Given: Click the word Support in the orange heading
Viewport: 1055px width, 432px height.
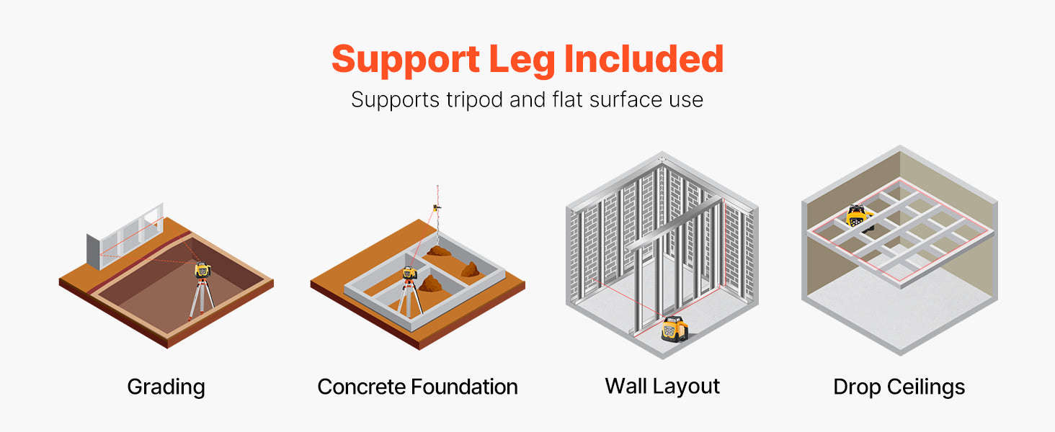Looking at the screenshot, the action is point(406,59).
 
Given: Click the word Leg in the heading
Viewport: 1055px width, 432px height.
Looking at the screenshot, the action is point(522,59).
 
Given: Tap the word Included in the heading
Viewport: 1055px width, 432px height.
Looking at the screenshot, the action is point(644,58).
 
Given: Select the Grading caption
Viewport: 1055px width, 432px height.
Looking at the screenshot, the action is point(166,387).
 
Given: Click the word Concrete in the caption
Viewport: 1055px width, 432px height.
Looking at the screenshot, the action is point(361,387).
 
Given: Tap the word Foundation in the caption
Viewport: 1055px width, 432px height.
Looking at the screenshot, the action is point(464,387).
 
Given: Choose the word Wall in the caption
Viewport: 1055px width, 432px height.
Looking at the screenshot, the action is point(626,386).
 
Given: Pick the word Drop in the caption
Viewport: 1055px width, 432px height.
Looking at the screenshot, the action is point(858,387).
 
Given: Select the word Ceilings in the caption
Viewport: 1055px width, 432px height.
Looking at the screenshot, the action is point(926,387).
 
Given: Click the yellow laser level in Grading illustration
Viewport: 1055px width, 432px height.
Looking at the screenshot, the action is point(202,270).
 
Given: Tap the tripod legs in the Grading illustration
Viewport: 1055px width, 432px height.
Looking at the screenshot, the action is point(202,299).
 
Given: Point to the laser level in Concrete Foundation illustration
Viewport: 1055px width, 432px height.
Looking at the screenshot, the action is point(409,272).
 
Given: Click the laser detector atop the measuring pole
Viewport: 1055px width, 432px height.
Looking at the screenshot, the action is point(437,207).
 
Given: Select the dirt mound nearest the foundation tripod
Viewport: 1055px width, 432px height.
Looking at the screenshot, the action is point(430,284).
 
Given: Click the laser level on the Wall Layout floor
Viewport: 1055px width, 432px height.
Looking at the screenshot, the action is point(675,328).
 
